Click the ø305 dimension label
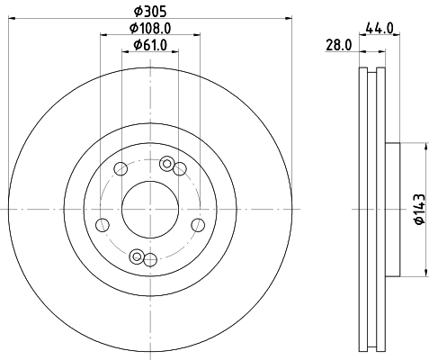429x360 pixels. point(150,12)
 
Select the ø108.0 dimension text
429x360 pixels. point(150,29)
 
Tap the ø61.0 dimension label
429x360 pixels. point(150,45)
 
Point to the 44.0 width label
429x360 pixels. point(380,29)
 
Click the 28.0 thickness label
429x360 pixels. point(339,46)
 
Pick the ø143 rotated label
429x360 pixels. point(419,209)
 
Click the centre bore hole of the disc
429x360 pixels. point(150,210)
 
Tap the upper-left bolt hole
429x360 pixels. point(121,169)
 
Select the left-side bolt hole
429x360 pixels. point(103,225)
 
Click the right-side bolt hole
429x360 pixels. point(198,225)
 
